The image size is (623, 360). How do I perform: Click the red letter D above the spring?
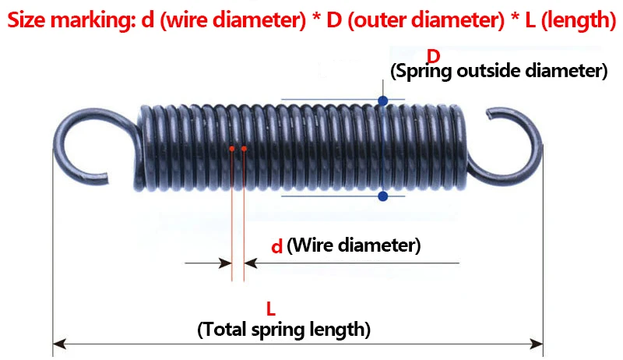434,56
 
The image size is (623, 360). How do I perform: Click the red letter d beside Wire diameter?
276,247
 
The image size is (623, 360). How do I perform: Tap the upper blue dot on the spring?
382,101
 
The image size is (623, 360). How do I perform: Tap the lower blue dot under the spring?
382,196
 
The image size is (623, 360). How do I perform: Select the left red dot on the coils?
232,148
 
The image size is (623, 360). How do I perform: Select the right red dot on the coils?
244,148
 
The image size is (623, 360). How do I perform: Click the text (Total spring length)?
284,329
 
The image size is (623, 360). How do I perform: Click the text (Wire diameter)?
354,246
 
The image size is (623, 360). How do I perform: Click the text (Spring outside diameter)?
498,72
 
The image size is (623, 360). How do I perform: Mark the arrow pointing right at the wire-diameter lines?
208,264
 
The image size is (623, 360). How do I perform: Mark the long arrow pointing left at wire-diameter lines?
327,264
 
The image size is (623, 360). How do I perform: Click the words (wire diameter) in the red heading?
234,18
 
